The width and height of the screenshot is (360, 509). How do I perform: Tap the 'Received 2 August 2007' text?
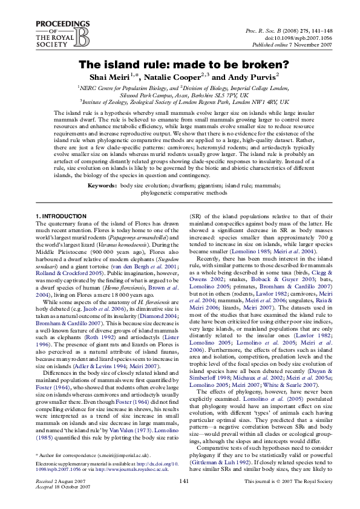(x=52, y=497)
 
